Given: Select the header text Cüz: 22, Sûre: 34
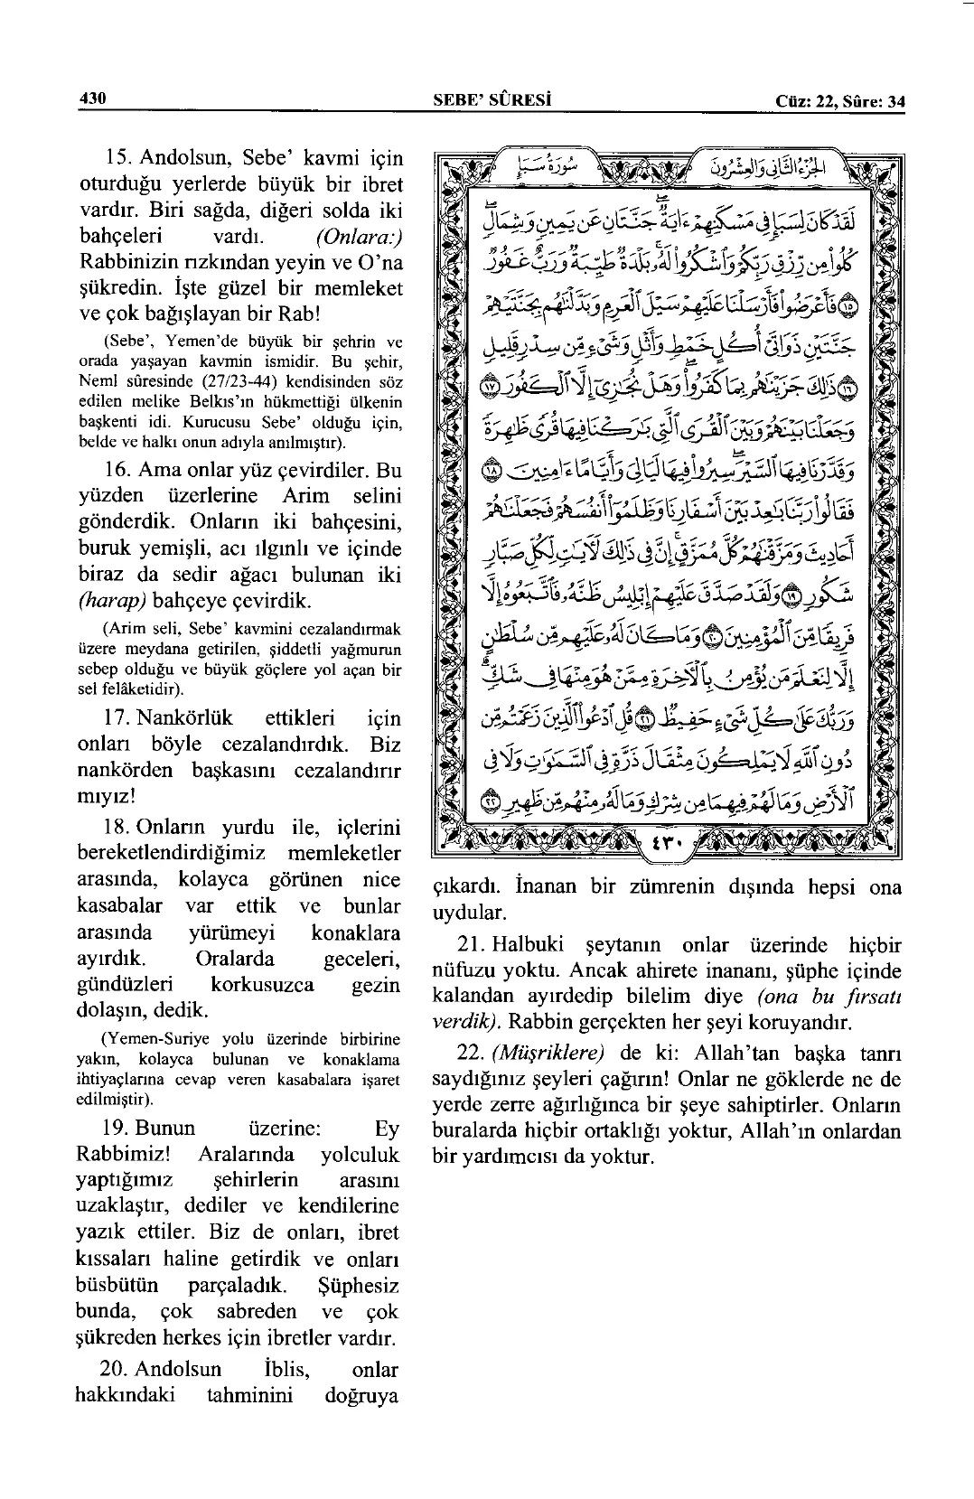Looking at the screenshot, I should pos(839,101).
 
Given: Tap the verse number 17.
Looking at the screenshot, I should pos(118,719).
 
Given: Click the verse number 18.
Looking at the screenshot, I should pos(118,828).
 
